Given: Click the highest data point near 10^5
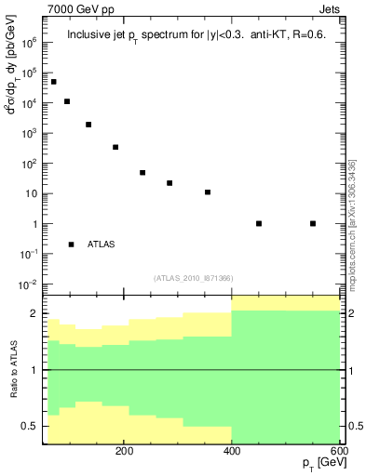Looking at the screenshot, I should click(x=53, y=82).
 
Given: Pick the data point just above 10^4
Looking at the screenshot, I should click(x=67, y=101).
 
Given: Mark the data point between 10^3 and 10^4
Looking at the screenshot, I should click(x=88, y=125).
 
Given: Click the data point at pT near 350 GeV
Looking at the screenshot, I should click(x=208, y=192).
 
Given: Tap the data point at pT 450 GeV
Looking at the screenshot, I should click(x=259, y=223).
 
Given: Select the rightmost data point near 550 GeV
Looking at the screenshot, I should click(x=313, y=223).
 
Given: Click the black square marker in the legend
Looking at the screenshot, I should click(x=72, y=245).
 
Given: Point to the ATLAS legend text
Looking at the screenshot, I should click(x=101, y=245).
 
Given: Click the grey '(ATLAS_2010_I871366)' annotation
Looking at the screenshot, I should click(x=193, y=278).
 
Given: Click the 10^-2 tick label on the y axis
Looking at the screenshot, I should click(x=28, y=284).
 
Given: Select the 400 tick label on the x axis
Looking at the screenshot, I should click(x=232, y=451).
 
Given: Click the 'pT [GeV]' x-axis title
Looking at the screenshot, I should click(x=319, y=464).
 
